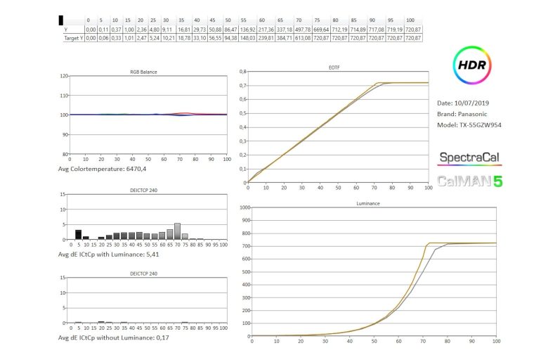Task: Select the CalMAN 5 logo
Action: click(x=470, y=181)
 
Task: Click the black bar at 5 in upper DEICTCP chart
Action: click(x=79, y=235)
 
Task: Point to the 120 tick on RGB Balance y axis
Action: click(x=64, y=75)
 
